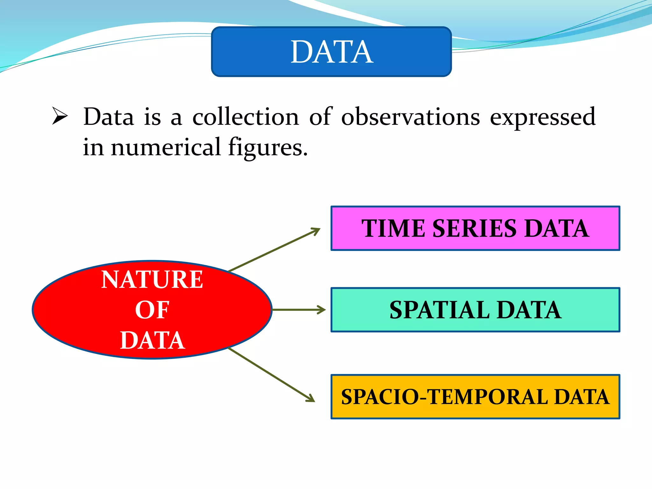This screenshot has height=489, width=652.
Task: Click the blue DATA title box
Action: tap(331, 52)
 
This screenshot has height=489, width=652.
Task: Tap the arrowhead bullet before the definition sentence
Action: tap(60, 116)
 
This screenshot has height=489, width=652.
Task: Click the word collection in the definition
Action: tap(245, 117)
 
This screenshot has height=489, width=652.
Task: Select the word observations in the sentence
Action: tap(410, 117)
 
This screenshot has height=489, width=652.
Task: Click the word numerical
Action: tap(166, 147)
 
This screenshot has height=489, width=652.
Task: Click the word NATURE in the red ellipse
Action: tap(152, 279)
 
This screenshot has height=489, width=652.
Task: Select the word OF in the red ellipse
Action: tap(152, 310)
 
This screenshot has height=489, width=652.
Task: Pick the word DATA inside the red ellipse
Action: tap(152, 340)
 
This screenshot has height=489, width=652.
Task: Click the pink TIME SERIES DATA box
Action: tap(475, 228)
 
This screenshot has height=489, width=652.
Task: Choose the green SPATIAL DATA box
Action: tap(475, 310)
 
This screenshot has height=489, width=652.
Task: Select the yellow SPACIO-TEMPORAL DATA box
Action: tap(475, 397)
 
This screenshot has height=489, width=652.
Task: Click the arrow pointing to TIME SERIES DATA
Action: tap(274, 250)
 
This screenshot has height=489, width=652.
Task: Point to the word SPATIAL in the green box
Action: tap(439, 310)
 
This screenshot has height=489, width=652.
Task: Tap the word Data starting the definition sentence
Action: tap(109, 117)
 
